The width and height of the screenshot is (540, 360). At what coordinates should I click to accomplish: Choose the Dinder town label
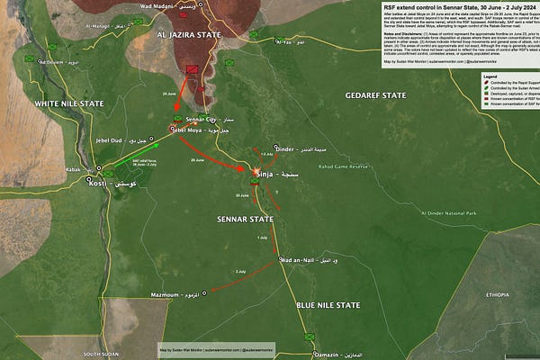pyautogui.click(x=286, y=148)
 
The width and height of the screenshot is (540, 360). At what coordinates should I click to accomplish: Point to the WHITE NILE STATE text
pyautogui.click(x=69, y=103)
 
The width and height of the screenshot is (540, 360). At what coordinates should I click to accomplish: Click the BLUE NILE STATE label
pyautogui.click(x=328, y=306)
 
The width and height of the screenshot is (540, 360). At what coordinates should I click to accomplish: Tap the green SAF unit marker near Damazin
pyautogui.click(x=310, y=336)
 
